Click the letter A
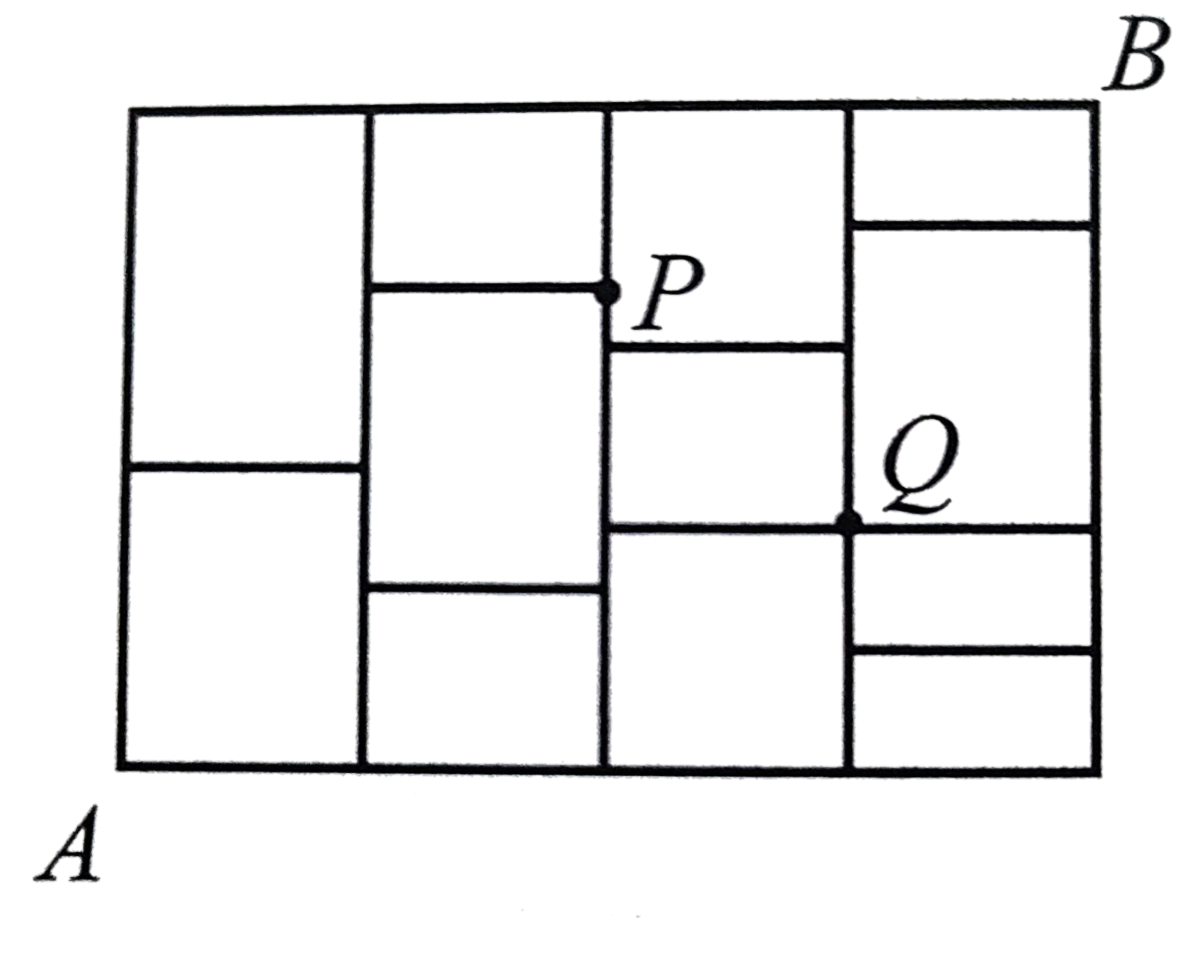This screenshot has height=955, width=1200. coord(69,843)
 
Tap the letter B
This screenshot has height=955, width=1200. coord(1138,60)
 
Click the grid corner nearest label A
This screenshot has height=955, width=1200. coord(121,766)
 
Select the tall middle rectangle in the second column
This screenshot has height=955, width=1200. coord(485,437)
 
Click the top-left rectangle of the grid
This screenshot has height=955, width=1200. coord(247,288)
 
